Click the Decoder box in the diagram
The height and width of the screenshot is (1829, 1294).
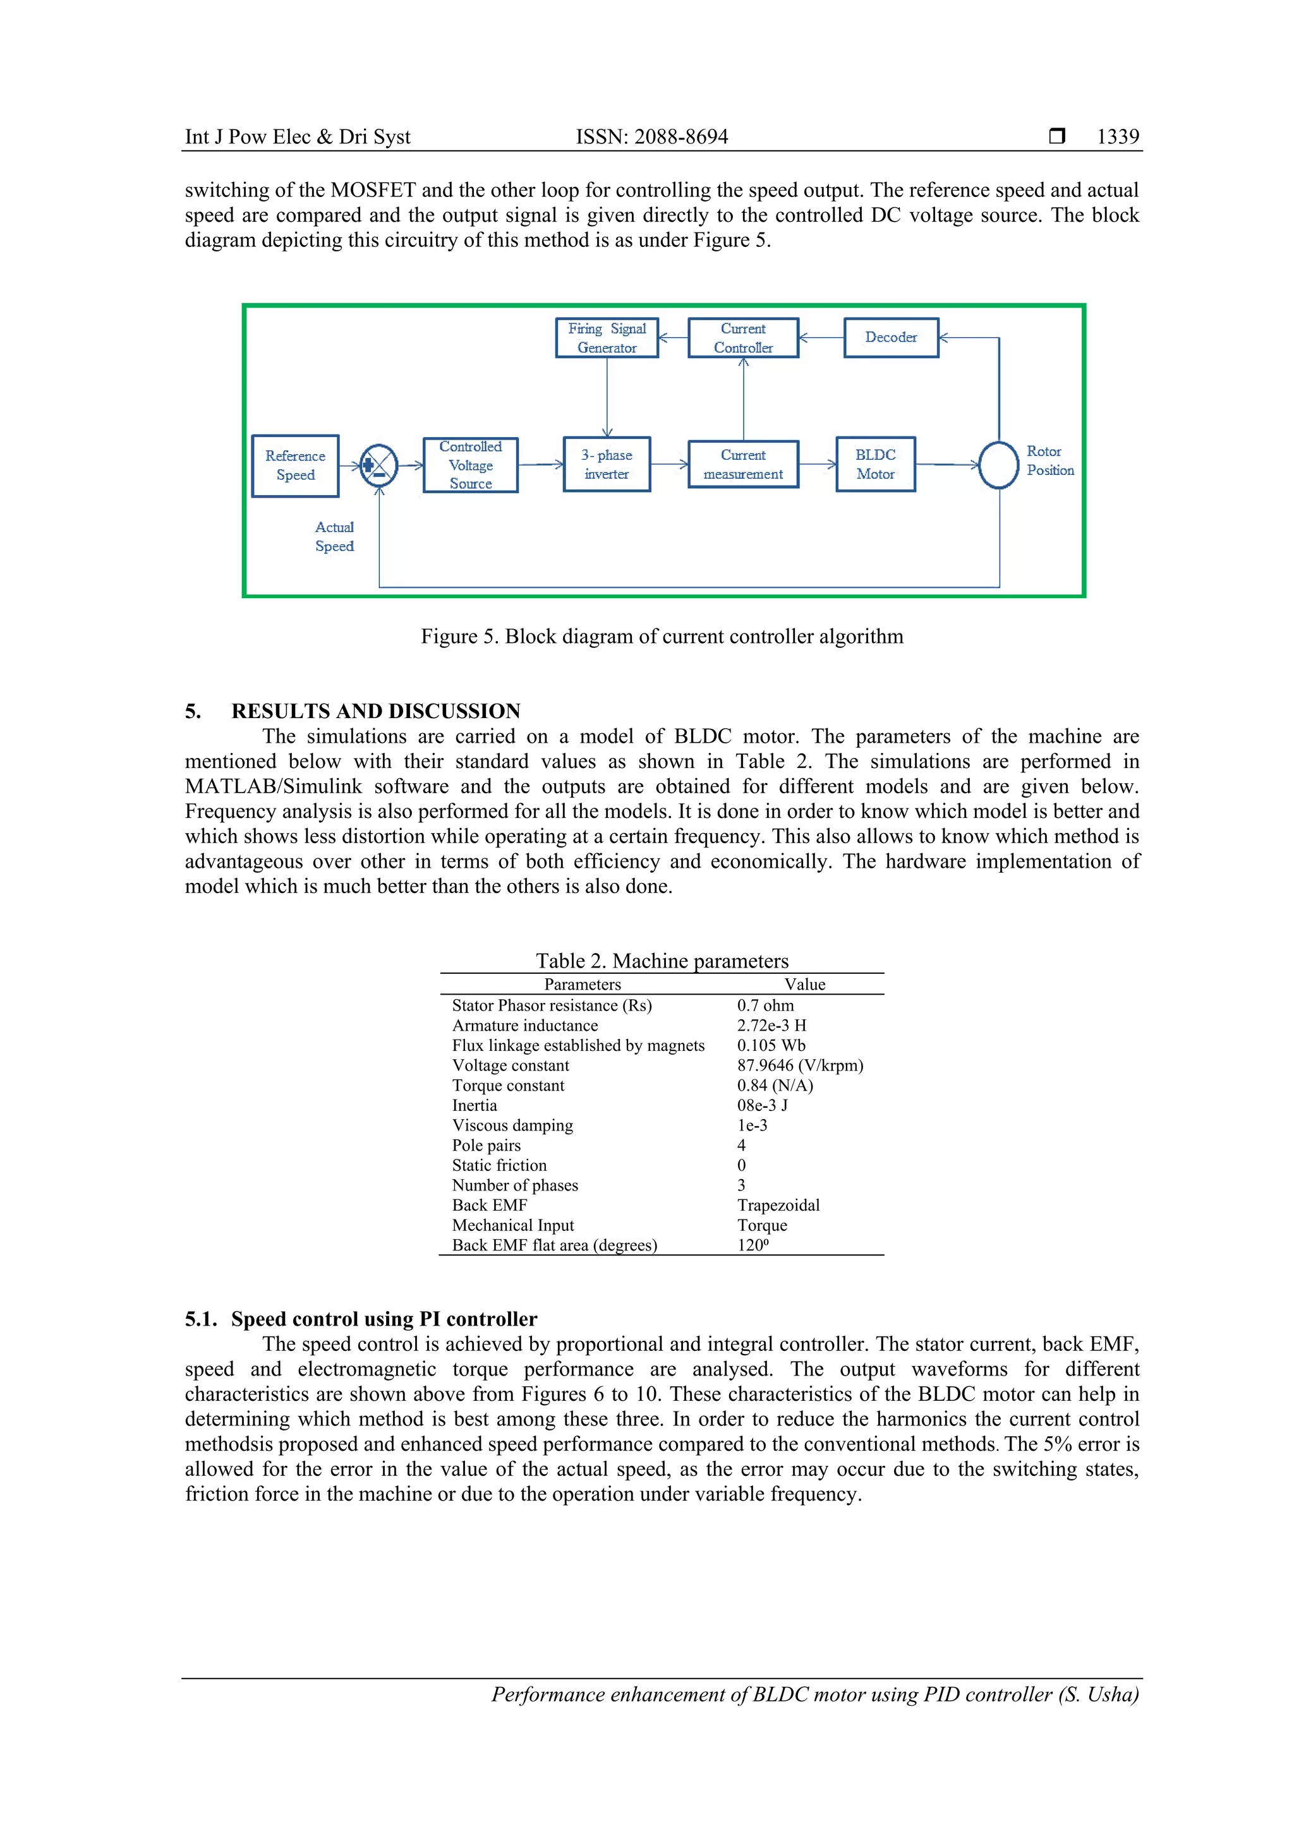point(891,338)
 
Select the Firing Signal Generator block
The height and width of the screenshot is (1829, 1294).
point(607,338)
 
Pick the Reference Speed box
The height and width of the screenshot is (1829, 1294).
point(295,465)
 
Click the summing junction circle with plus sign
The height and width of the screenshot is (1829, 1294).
point(378,465)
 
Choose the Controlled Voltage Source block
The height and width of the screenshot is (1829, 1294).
point(470,465)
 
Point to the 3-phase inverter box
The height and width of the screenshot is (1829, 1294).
point(607,464)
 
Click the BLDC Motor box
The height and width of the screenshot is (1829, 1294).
point(875,464)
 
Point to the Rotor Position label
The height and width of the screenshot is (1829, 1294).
point(1049,461)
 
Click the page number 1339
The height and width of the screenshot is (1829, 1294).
point(1117,137)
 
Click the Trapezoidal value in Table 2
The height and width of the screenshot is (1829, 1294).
point(778,1205)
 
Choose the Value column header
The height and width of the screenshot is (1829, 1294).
point(805,985)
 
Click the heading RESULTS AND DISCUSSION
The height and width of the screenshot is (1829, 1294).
point(375,711)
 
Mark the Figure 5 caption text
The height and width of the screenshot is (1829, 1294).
point(662,637)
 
